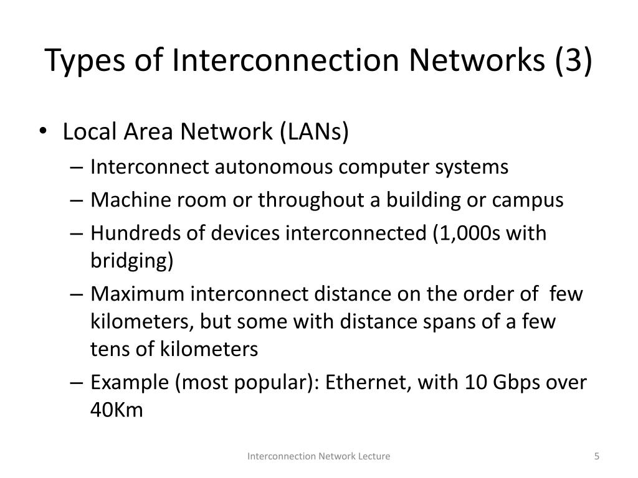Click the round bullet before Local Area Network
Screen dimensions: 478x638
pos(50,134)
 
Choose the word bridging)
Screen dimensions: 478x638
pos(131,260)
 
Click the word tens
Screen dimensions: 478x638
pos(108,350)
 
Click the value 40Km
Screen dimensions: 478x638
pos(117,410)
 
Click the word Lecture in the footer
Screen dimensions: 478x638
pos(374,456)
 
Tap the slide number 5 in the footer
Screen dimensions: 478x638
pos(596,456)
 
